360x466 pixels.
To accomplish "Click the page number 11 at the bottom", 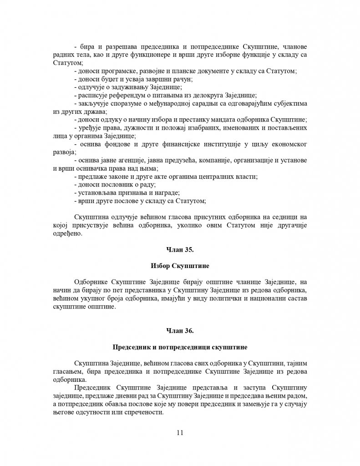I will [x=179, y=433].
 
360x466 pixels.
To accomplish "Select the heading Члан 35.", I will [x=180, y=249].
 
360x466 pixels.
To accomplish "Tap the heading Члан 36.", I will [x=180, y=330].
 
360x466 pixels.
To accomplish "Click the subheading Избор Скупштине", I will [x=180, y=265].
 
